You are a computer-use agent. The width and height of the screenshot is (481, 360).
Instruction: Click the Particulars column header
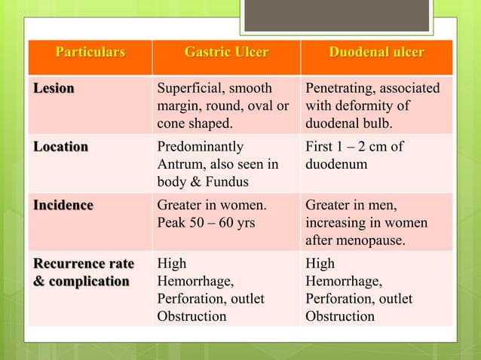click(x=90, y=53)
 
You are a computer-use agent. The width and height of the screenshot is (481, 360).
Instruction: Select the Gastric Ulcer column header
click(x=226, y=53)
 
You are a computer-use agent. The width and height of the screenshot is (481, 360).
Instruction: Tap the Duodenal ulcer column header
click(x=376, y=53)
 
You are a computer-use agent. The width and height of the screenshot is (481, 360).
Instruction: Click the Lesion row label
click(x=53, y=89)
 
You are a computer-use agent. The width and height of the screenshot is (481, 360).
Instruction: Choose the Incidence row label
click(x=63, y=205)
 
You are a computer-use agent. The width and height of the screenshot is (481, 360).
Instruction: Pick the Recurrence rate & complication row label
click(x=83, y=272)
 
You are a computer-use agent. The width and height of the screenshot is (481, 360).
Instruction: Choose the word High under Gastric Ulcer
click(x=171, y=264)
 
